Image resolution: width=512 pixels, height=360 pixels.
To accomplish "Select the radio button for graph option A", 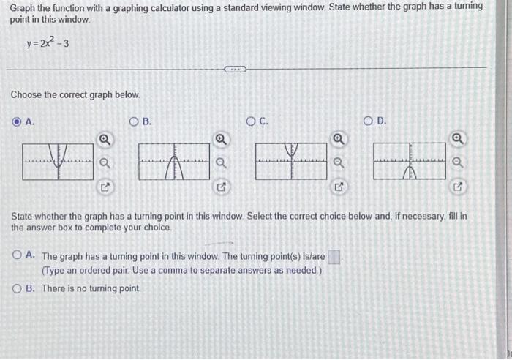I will click(x=18, y=121).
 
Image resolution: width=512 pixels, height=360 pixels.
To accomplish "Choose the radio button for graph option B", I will click(x=134, y=121).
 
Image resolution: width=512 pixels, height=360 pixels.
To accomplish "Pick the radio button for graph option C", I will click(x=252, y=121).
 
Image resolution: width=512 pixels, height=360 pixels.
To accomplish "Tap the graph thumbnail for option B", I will click(x=173, y=161).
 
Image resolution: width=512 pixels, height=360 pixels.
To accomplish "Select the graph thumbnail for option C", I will click(x=291, y=161).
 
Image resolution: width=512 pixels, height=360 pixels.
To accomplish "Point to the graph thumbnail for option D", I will click(x=409, y=161).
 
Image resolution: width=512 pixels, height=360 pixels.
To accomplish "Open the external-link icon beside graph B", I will click(x=221, y=188).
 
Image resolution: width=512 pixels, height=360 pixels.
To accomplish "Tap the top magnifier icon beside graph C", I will click(x=339, y=139).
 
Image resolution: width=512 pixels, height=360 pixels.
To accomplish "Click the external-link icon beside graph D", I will click(x=457, y=188).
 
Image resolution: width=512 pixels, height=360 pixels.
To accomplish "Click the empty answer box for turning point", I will click(x=334, y=257).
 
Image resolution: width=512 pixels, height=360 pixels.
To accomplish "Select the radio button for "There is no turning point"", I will click(x=18, y=288).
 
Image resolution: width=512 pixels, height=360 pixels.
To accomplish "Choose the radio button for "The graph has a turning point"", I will click(x=18, y=256).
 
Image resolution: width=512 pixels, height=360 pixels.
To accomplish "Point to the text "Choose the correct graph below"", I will click(x=74, y=95).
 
